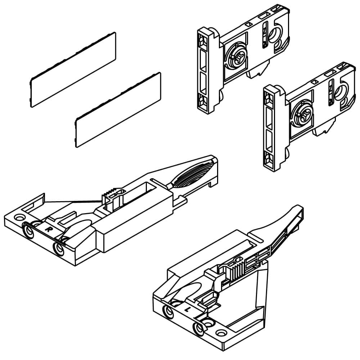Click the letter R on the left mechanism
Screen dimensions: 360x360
pyautogui.click(x=48, y=229)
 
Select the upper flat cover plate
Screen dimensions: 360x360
pyautogui.click(x=73, y=70)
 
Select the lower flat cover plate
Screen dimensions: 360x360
pyautogui.click(x=118, y=110)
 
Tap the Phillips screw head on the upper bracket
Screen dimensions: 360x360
pyautogui.click(x=237, y=57)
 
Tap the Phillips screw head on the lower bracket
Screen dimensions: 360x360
pyautogui.click(x=303, y=115)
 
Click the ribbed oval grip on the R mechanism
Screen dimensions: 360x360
pyautogui.click(x=193, y=174)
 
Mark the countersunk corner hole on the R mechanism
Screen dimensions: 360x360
pyautogui.click(x=19, y=217)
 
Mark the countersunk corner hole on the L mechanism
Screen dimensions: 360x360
pyautogui.click(x=221, y=332)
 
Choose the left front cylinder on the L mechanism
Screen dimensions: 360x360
pyautogui.click(x=169, y=311)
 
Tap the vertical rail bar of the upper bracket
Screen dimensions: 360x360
pyautogui.click(x=206, y=71)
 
